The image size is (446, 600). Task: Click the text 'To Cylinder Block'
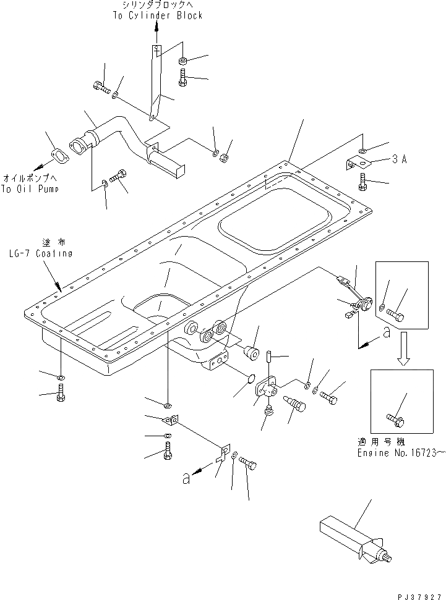pos(157,15)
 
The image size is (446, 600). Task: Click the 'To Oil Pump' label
pos(30,189)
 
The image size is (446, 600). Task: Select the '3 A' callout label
pos(399,159)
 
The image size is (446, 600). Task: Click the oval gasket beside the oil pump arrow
pos(59,155)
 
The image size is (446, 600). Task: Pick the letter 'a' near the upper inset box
pos(386,332)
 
